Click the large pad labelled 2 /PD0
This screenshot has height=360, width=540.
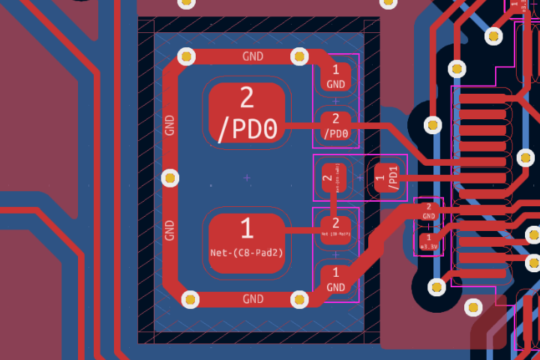click(x=247, y=114)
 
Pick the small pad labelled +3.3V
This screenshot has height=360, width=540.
click(x=429, y=242)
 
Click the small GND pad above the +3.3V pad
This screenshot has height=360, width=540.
click(x=429, y=211)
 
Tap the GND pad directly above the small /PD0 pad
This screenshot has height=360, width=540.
click(x=335, y=77)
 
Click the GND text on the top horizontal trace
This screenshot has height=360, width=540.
click(x=253, y=56)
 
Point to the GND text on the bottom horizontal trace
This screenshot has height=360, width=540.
click(x=253, y=299)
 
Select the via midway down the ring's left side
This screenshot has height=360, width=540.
click(x=170, y=178)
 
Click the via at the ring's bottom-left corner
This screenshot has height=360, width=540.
click(x=190, y=299)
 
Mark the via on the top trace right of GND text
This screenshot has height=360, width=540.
click(x=299, y=55)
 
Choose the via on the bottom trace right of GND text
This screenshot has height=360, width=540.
click(x=299, y=300)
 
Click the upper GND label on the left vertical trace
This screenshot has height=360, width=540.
click(x=169, y=124)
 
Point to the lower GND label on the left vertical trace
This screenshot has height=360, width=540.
click(x=169, y=229)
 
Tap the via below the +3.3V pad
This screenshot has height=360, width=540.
click(x=437, y=286)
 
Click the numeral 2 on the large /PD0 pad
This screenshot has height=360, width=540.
click(x=247, y=97)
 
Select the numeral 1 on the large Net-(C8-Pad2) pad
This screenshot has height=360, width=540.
click(x=247, y=227)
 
